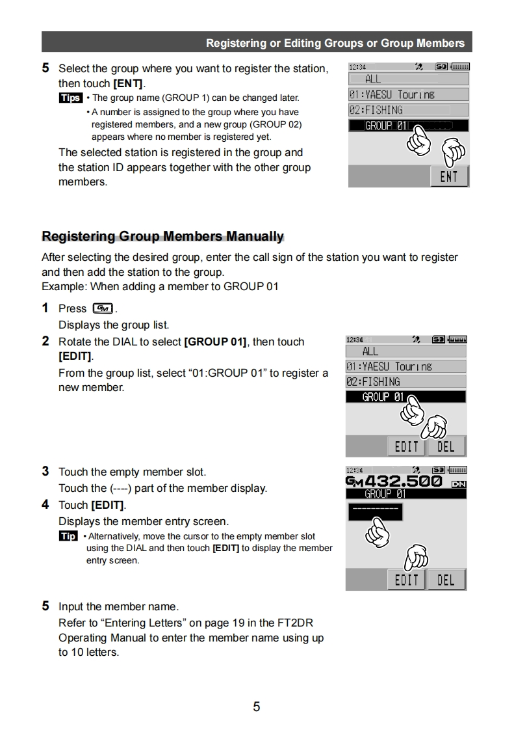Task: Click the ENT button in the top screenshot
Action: [449, 176]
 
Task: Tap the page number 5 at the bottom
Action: [257, 707]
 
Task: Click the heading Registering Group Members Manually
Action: [162, 236]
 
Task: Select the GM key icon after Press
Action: [103, 308]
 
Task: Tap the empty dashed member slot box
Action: [374, 512]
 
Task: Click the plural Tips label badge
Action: [70, 98]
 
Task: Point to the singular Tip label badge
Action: [68, 536]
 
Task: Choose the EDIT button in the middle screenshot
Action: [406, 446]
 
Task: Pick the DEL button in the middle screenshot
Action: [446, 446]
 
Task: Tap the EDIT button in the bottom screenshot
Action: [406, 579]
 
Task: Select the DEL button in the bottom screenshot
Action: [446, 579]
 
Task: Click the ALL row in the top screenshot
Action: [408, 79]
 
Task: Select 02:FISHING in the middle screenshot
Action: [405, 382]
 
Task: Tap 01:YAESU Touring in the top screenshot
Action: [408, 94]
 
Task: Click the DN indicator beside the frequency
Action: [458, 483]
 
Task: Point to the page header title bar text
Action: [335, 43]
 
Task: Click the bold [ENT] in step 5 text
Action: [129, 84]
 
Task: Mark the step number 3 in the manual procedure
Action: [45, 471]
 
